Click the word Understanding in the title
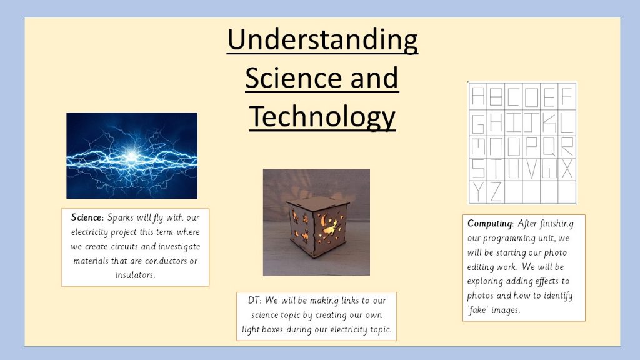pos(322,41)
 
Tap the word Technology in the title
pos(322,117)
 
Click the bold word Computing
pos(489,224)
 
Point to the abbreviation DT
pos(254,301)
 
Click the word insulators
pos(135,275)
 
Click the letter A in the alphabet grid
pos(478,96)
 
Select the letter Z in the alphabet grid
pos(496,192)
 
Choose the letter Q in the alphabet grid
pos(549,146)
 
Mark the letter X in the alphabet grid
pos(567,169)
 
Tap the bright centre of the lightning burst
pos(131,156)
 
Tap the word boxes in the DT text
pos(272,329)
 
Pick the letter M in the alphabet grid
pos(478,146)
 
